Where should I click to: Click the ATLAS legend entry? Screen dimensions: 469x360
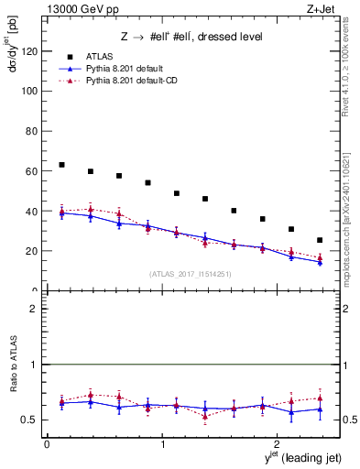pyautogui.click(x=98, y=56)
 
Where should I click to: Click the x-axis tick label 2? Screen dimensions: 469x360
pyautogui.click(x=280, y=444)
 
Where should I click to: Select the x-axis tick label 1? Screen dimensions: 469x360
pyautogui.click(x=163, y=444)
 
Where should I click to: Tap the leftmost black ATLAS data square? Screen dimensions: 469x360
pyautogui.click(x=61, y=165)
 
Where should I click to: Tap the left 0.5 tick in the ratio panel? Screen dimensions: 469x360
pyautogui.click(x=32, y=420)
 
